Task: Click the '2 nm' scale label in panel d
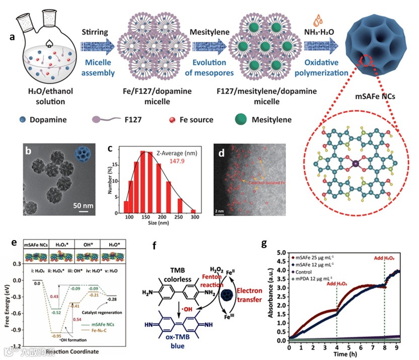pyautogui.click(x=219, y=213)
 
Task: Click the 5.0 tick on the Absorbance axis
pyautogui.click(x=283, y=252)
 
